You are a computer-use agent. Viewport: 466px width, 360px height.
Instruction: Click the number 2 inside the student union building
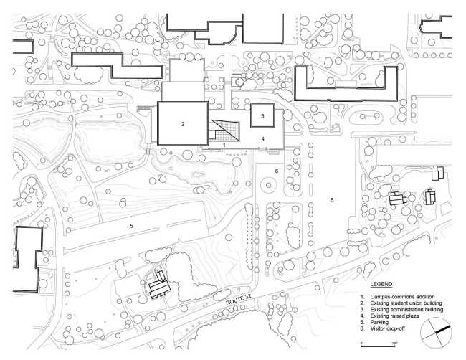coord(183,124)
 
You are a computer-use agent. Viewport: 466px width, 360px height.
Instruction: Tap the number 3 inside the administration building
coord(262,115)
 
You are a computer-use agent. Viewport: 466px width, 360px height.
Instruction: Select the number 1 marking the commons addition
coord(224,145)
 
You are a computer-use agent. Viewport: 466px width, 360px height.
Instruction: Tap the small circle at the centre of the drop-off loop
coord(269,185)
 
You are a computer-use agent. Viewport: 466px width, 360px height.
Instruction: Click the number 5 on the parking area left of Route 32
coord(131,226)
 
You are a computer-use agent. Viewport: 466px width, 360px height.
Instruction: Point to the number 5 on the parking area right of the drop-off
coord(332,199)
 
